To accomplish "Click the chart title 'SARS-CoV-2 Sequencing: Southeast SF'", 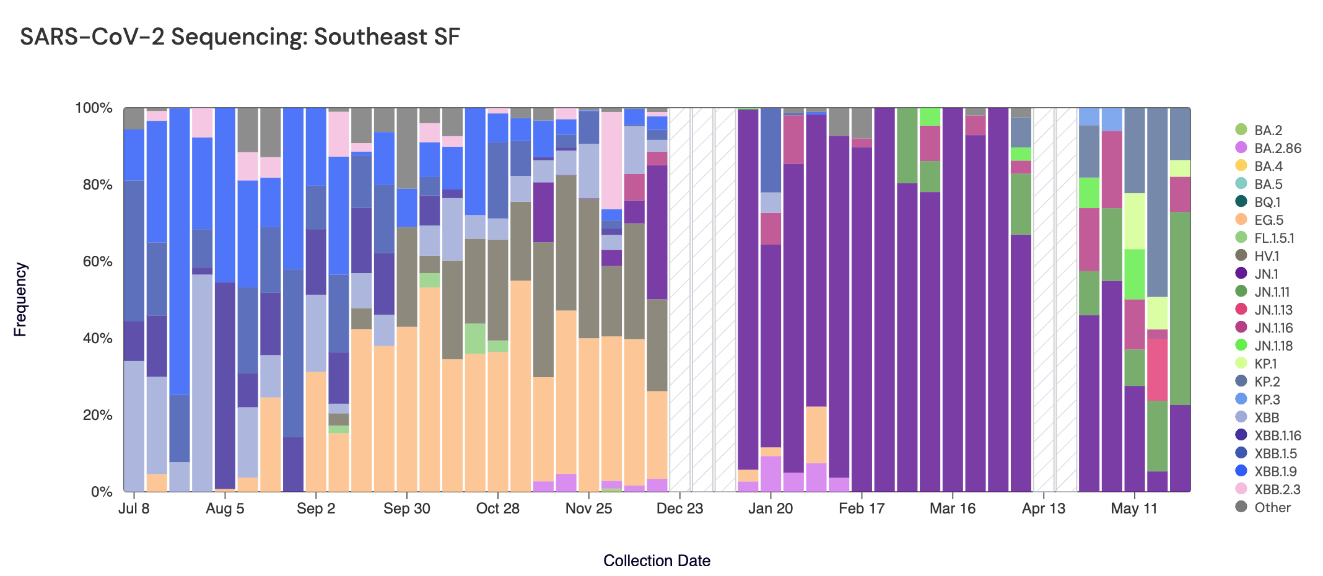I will (x=240, y=37).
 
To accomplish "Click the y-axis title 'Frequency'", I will (x=20, y=300).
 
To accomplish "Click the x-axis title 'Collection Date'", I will (x=657, y=561).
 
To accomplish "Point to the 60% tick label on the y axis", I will (x=94, y=261).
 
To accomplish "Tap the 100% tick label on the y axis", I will (x=94, y=108).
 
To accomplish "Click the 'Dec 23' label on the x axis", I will (x=679, y=508).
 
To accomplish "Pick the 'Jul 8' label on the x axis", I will (x=134, y=508).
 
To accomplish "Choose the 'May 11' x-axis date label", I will (x=1133, y=508).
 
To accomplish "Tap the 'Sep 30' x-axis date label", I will (x=406, y=508).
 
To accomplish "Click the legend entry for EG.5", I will (x=1268, y=220).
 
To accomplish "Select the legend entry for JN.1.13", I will (x=1273, y=310).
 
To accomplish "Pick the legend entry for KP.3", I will (x=1267, y=399).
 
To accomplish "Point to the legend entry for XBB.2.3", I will (x=1277, y=489).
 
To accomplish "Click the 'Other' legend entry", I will (x=1272, y=507).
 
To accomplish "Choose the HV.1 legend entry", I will (x=1266, y=256).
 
